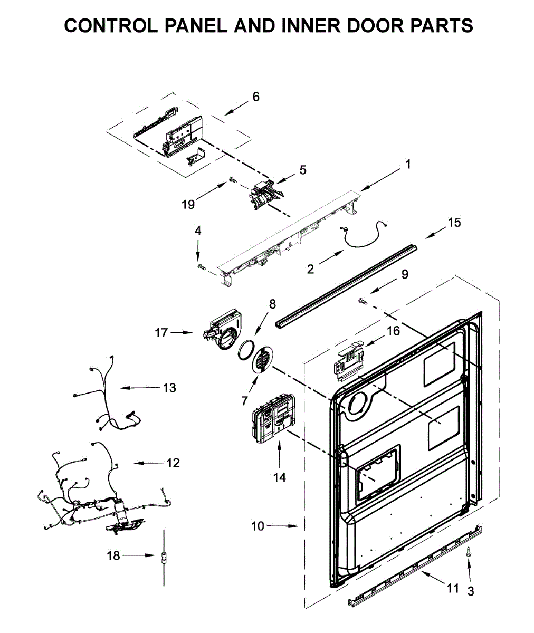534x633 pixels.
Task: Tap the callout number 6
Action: [256, 97]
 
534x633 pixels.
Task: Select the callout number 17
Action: [161, 333]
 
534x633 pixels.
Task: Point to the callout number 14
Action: [280, 477]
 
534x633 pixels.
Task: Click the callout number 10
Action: [258, 526]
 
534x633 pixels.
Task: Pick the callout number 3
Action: [471, 591]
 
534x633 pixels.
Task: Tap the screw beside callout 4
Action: [201, 268]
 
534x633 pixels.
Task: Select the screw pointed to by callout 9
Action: [362, 300]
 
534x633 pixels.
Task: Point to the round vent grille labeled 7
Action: [262, 360]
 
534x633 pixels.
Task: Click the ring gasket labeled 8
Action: [245, 350]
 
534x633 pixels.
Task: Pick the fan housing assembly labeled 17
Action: [222, 331]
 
